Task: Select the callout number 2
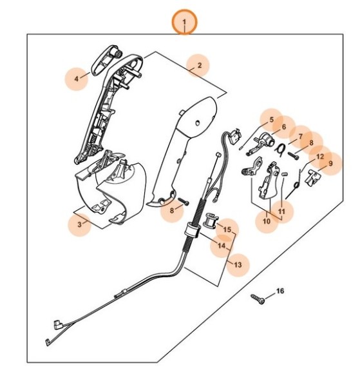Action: tap(199, 65)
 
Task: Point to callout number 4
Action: tap(76, 79)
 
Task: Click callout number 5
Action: tap(271, 120)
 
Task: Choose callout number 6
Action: tap(283, 128)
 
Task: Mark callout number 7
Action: tap(299, 137)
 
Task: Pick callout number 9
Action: tap(330, 164)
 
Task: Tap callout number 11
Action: tap(281, 210)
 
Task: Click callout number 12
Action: tap(320, 156)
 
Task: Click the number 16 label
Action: tap(279, 291)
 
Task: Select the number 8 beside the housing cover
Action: tap(171, 210)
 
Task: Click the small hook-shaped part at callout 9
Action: tap(314, 178)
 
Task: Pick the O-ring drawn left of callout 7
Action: tap(281, 149)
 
